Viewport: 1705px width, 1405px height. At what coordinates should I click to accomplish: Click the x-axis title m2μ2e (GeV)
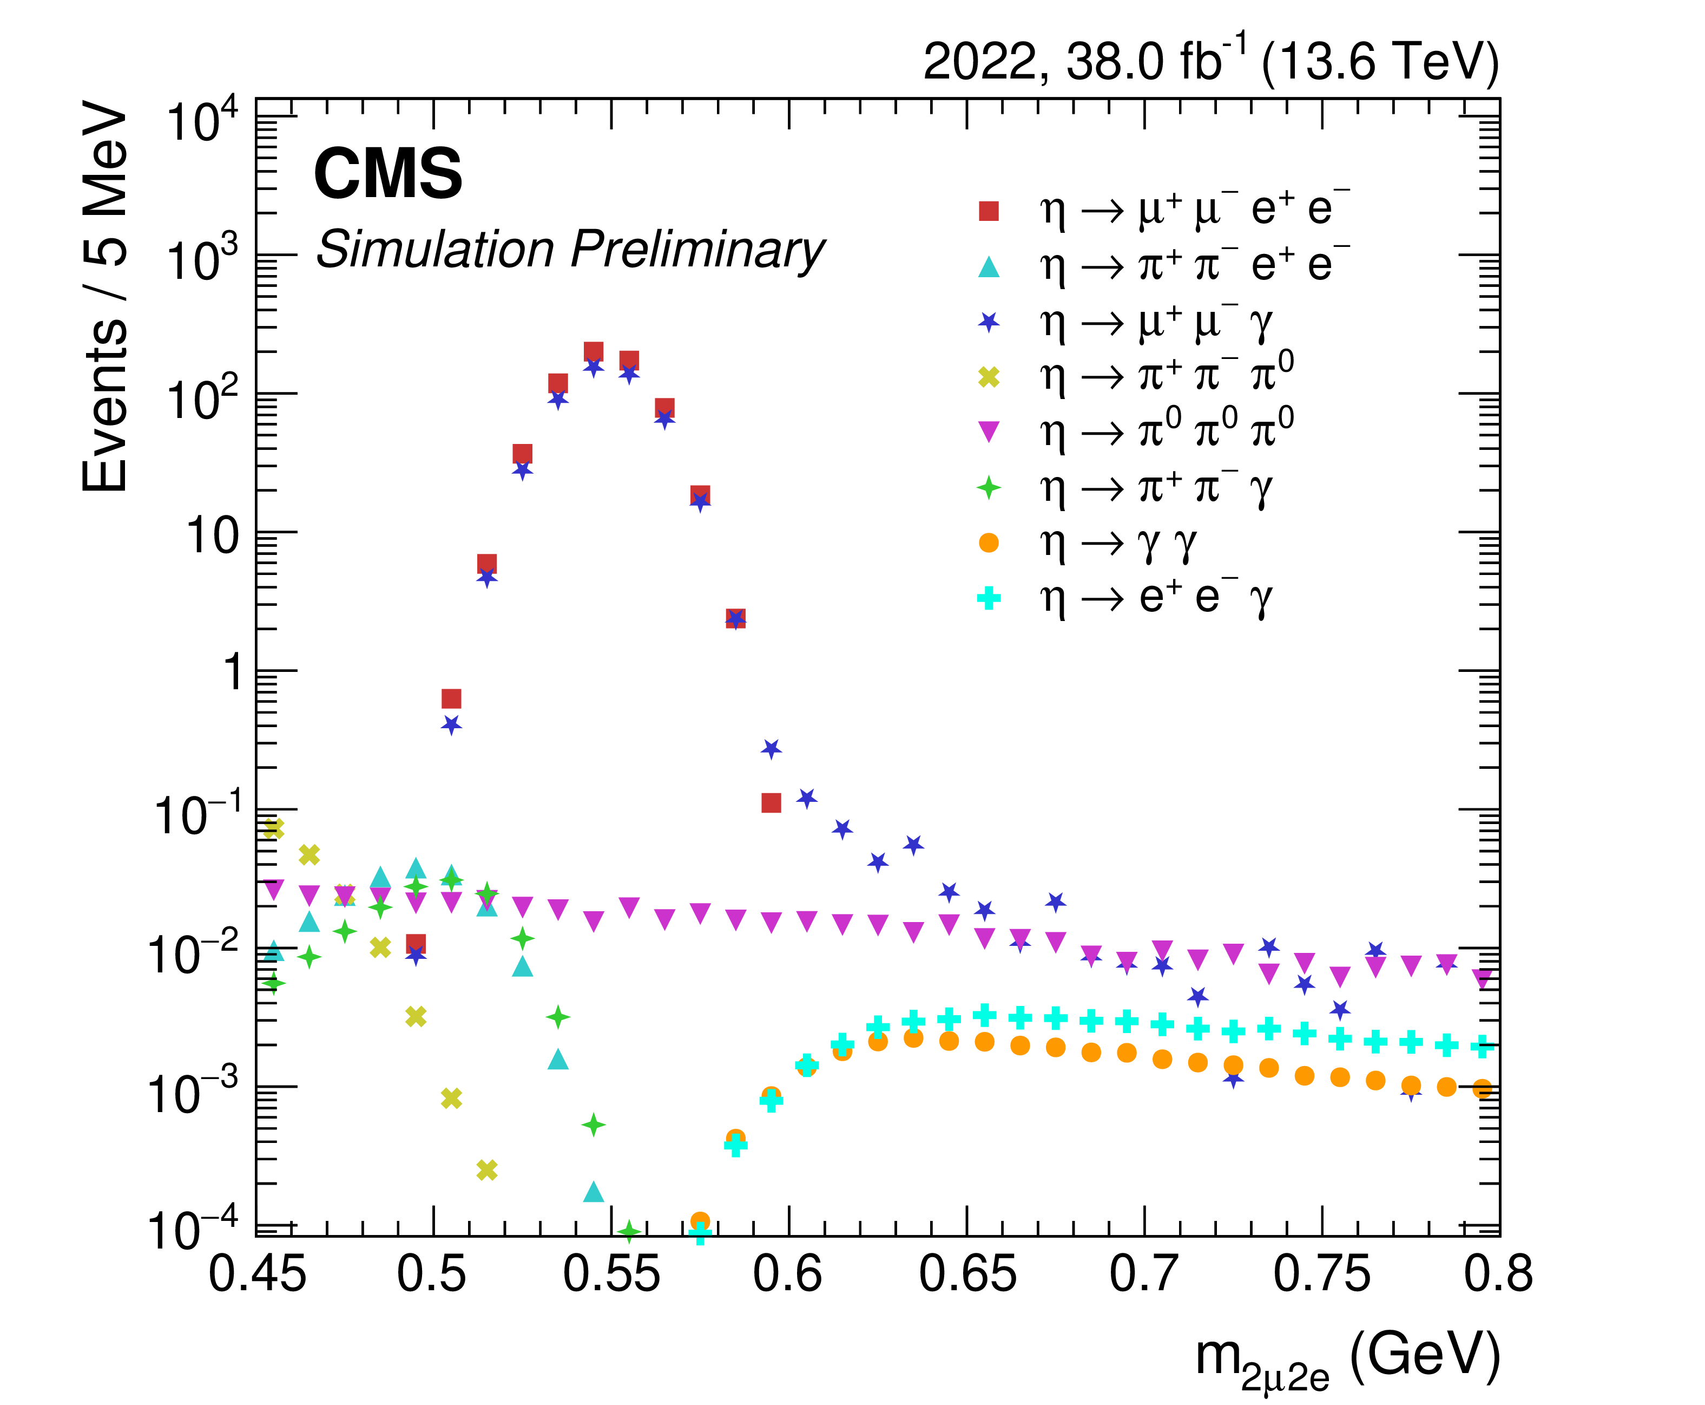1347,1356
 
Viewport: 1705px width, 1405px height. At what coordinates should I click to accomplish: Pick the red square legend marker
989,211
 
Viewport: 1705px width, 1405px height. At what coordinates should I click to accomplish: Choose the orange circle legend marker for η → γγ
989,543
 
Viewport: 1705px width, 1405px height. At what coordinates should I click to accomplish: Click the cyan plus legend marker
989,599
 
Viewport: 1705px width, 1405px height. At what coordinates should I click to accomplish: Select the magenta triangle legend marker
989,432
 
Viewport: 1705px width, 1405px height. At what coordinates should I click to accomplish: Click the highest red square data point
594,352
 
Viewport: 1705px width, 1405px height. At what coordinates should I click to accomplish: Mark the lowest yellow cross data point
486,1169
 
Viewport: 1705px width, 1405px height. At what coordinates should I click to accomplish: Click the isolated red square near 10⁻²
416,944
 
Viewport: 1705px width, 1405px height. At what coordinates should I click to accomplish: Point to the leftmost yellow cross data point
273,828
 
